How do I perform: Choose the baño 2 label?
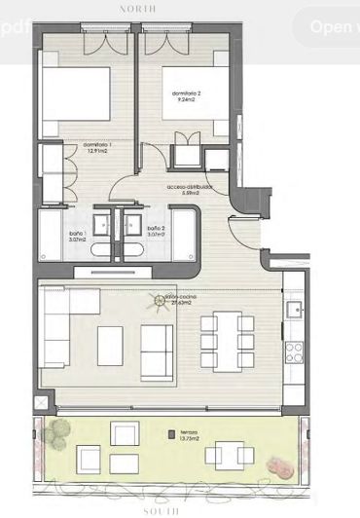coord(154,231)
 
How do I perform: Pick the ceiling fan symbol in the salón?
coord(156,302)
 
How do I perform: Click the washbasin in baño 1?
coord(102,225)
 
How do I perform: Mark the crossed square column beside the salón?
coord(40,400)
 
